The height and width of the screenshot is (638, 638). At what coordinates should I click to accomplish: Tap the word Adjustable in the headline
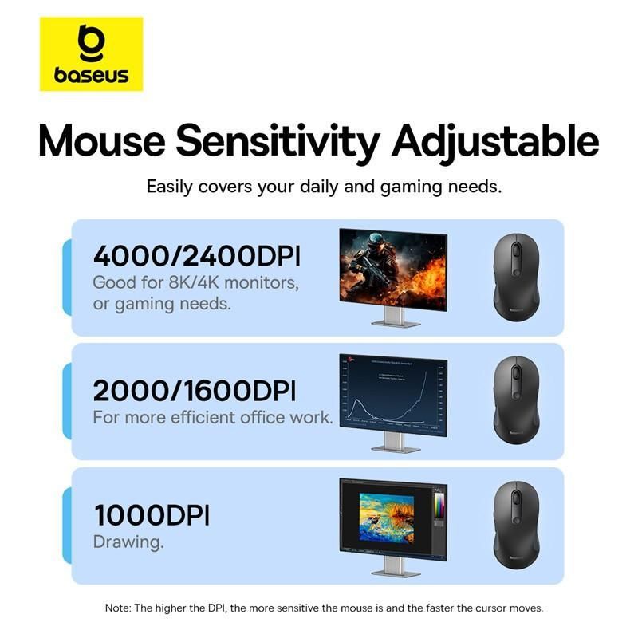[x=494, y=140]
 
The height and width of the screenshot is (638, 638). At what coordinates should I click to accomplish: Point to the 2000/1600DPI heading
[x=195, y=391]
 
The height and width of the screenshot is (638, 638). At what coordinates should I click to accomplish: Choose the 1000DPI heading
[x=152, y=515]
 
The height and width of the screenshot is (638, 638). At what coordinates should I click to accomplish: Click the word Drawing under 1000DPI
[x=128, y=542]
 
